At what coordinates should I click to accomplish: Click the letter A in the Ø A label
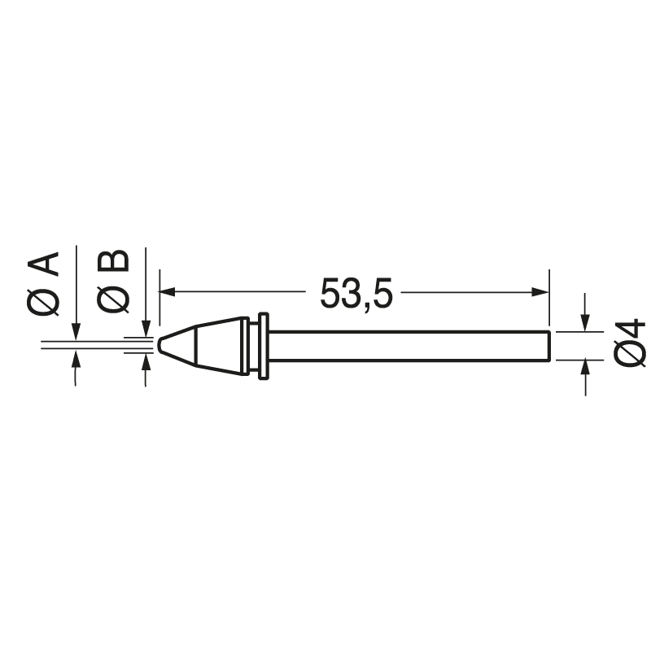pyautogui.click(x=44, y=265)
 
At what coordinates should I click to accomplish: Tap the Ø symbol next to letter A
pyautogui.click(x=44, y=301)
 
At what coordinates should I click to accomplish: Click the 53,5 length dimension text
pyautogui.click(x=356, y=294)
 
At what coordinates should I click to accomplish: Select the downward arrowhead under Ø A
pyautogui.click(x=75, y=332)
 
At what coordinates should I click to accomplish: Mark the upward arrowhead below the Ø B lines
pyautogui.click(x=146, y=360)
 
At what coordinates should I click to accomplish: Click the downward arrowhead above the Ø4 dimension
pyautogui.click(x=585, y=324)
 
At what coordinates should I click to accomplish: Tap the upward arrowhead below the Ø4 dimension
pyautogui.click(x=585, y=365)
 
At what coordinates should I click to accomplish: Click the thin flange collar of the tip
pyautogui.click(x=262, y=346)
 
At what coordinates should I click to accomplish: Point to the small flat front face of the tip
pyautogui.click(x=159, y=344)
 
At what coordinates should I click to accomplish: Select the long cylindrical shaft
pyautogui.click(x=407, y=345)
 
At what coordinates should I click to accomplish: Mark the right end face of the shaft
pyautogui.click(x=549, y=345)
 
